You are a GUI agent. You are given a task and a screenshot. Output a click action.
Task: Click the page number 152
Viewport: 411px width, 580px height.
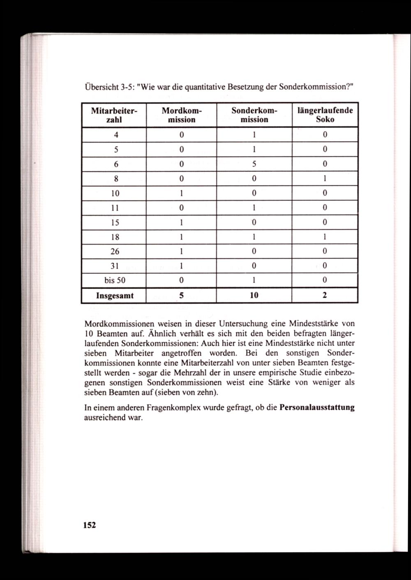click(x=89, y=525)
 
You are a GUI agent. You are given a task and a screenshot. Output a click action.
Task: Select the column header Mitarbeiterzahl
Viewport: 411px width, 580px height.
click(x=113, y=115)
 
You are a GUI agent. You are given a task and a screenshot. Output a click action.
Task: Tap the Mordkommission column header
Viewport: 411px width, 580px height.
click(x=181, y=115)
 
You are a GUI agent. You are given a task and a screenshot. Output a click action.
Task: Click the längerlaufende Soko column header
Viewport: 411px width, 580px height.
click(x=325, y=115)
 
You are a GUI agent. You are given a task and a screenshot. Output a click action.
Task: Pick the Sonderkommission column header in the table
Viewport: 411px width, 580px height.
click(x=254, y=115)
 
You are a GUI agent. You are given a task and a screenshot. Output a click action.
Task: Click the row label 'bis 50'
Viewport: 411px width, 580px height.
click(x=115, y=281)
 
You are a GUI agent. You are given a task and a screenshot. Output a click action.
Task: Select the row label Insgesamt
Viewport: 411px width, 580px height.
click(x=115, y=295)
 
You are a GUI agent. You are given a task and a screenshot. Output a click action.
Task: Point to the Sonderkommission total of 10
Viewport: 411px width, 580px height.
click(x=254, y=295)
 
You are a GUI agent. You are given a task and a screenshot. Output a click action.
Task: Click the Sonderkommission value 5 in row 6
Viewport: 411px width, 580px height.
click(x=254, y=164)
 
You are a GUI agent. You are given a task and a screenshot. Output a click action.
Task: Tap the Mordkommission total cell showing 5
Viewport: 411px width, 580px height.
click(x=181, y=295)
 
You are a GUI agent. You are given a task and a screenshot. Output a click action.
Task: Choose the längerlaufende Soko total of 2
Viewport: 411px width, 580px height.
click(x=325, y=295)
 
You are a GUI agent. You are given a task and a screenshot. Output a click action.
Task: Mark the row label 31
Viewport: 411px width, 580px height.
click(x=115, y=266)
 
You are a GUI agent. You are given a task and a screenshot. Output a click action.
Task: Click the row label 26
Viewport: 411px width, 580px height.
click(x=115, y=251)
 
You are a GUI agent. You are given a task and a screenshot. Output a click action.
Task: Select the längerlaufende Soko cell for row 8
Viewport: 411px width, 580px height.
click(x=325, y=179)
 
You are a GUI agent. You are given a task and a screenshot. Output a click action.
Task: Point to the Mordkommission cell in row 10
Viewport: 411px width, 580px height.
click(x=181, y=193)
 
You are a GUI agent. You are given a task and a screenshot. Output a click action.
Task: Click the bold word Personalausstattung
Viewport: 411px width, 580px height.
click(x=317, y=408)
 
